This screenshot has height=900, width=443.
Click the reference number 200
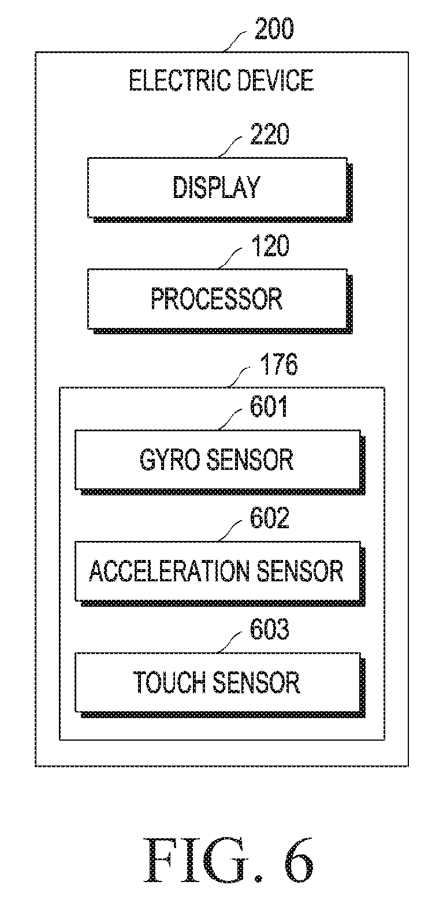(x=274, y=29)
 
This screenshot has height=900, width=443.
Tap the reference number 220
(x=270, y=135)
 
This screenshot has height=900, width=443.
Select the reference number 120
(x=270, y=246)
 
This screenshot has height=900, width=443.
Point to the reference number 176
(x=279, y=364)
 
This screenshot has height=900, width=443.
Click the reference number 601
(x=269, y=406)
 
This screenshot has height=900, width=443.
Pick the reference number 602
(x=270, y=518)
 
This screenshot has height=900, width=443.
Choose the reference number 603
(x=270, y=629)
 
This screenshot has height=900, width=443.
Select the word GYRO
(x=170, y=460)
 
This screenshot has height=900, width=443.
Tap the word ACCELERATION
(x=169, y=571)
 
